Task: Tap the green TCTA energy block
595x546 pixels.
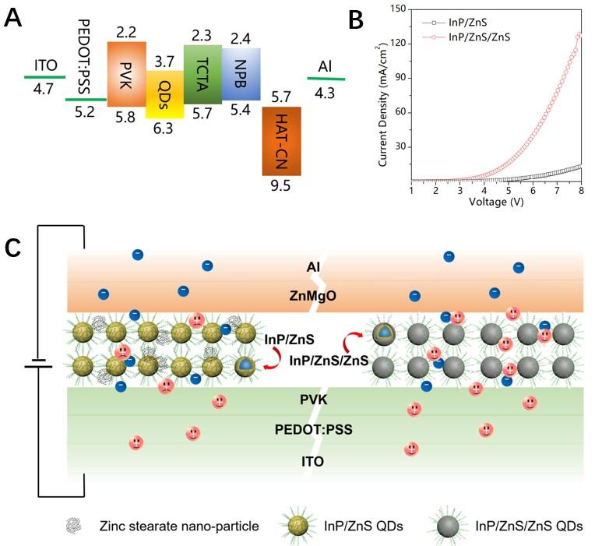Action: pos(202,75)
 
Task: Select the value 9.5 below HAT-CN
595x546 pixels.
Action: pos(281,187)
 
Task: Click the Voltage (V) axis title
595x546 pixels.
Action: pos(497,201)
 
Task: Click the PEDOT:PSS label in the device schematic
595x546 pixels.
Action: pos(306,429)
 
